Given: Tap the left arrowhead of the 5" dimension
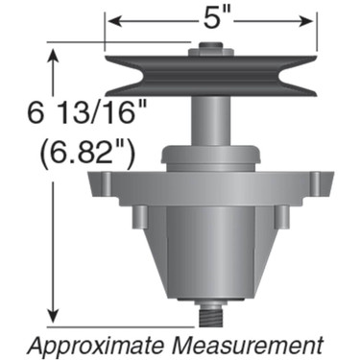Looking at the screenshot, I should pyautogui.click(x=111, y=18).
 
